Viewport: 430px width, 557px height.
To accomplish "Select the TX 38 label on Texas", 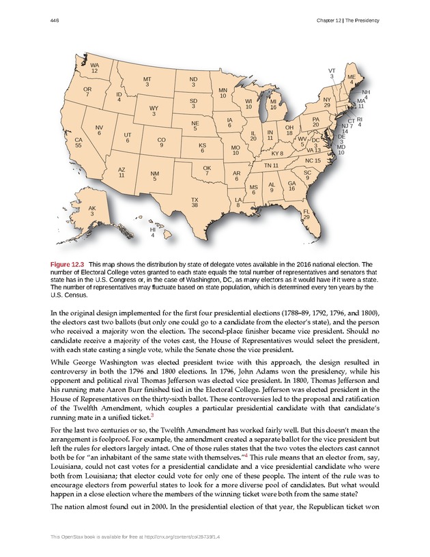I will click(x=195, y=202).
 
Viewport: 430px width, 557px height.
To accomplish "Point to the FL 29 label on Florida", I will click(x=306, y=214).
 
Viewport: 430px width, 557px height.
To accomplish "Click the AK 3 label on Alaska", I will click(x=92, y=211).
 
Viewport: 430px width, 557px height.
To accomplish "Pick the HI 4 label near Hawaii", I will click(x=153, y=233).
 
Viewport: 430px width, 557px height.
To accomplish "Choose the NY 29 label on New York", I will click(x=327, y=102).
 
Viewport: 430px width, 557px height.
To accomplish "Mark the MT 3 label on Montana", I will click(x=147, y=82).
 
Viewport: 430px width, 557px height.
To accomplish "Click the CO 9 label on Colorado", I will click(x=160, y=142).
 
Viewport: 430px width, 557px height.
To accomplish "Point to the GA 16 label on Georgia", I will click(x=292, y=186).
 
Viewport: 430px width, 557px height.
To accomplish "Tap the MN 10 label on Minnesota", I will click(x=223, y=93).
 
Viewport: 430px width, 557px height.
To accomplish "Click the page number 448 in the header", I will click(x=55, y=22).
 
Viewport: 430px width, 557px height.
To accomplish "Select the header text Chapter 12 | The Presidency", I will click(x=347, y=22).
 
